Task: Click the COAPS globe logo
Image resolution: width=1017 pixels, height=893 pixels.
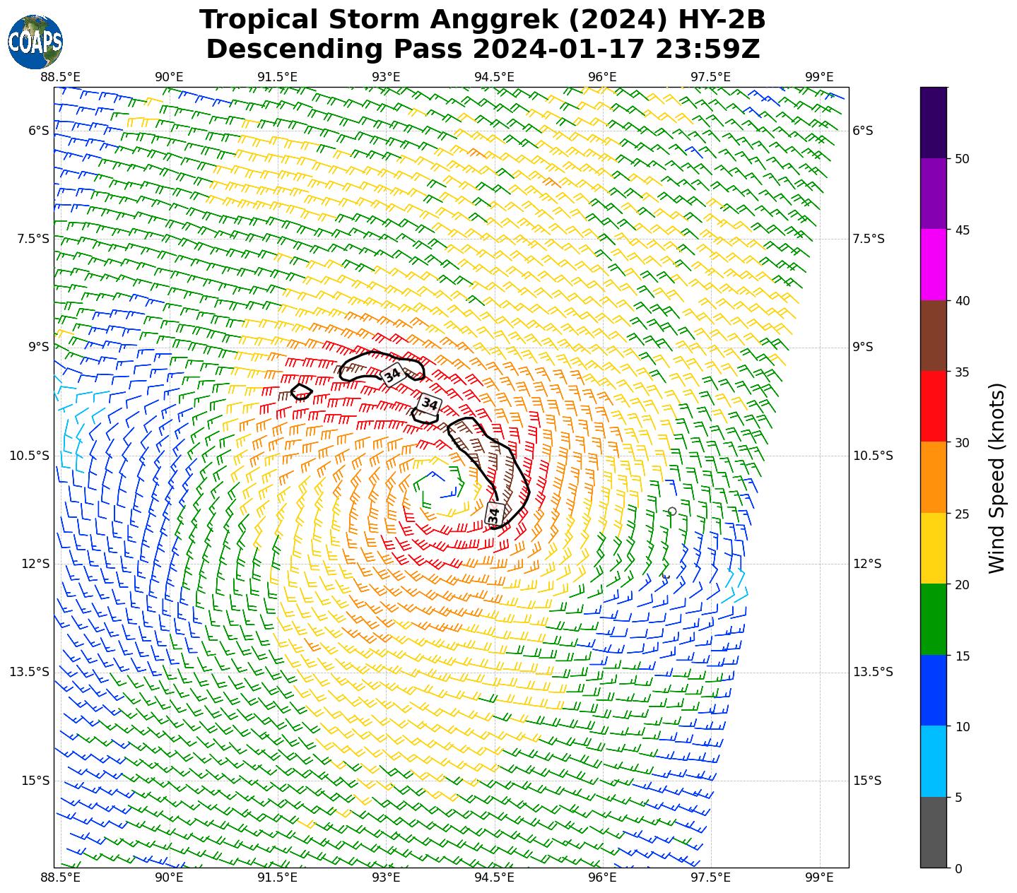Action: tap(35, 42)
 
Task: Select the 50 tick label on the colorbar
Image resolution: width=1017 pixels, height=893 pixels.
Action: tap(961, 159)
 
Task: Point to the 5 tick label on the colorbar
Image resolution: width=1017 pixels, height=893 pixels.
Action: tap(958, 798)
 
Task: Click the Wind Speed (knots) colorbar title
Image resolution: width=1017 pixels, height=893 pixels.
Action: tap(997, 478)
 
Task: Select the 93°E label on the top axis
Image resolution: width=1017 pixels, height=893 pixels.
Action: tap(386, 77)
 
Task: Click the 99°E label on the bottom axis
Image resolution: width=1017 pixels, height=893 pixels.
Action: tap(819, 878)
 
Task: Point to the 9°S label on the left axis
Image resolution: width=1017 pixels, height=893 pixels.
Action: tap(39, 347)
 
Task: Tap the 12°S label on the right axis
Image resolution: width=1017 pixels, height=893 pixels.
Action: tap(867, 564)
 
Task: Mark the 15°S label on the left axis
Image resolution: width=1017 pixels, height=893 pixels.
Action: tap(35, 781)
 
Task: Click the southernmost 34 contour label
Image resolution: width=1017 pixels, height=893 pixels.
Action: tap(494, 514)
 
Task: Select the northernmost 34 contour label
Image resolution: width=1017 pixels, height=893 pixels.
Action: tap(392, 374)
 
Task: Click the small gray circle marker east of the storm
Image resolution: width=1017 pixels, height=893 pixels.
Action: tap(672, 511)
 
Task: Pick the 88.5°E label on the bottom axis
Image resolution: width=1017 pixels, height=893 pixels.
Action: tap(61, 878)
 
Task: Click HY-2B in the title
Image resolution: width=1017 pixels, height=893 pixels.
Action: tap(722, 20)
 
